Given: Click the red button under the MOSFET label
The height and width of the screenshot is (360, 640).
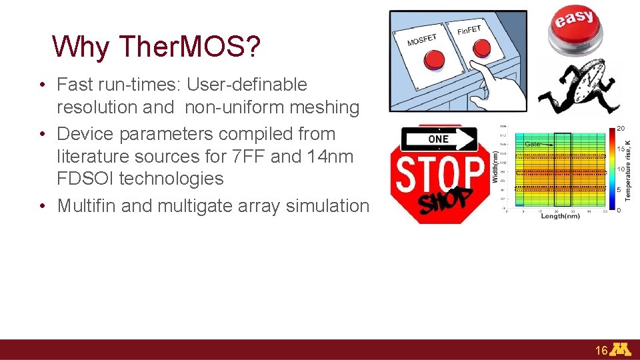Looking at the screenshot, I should pyautogui.click(x=434, y=60).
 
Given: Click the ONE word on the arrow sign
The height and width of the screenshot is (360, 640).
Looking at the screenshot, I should pyautogui.click(x=438, y=139).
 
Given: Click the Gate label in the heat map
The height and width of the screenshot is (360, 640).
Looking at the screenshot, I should pyautogui.click(x=532, y=144).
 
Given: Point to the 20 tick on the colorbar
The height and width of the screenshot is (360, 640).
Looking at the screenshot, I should pyautogui.click(x=620, y=128).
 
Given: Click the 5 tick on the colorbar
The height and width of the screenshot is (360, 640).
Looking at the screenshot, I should pyautogui.click(x=619, y=190).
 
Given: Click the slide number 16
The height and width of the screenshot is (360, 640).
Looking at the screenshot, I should pyautogui.click(x=601, y=350).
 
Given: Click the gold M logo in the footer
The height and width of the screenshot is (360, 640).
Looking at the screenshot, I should pyautogui.click(x=621, y=349).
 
